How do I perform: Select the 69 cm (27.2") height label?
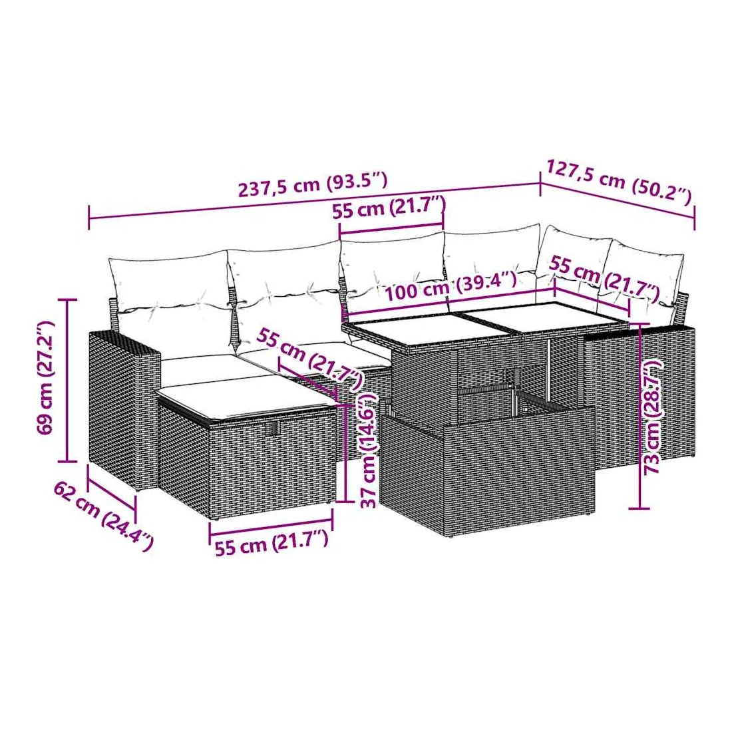tap(46, 378)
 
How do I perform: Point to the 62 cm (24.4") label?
tap(103, 517)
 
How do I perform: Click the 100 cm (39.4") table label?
tap(451, 285)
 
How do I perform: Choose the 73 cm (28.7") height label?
tap(653, 417)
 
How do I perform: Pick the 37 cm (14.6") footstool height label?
tap(369, 450)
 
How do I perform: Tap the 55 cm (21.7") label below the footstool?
tap(272, 543)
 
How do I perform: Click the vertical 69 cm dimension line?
tap(69, 380)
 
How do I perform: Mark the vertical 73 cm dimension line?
tap(639, 416)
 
